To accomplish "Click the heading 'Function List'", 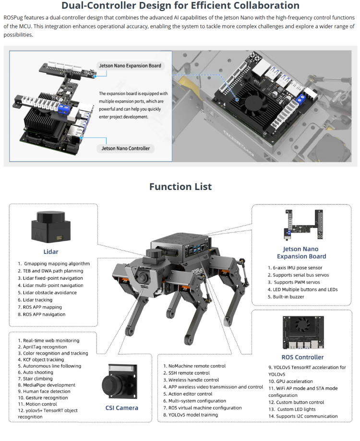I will pos(180,187).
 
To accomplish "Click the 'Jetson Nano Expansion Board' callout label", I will pos(130,65).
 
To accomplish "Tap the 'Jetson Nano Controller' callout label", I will pos(126,148).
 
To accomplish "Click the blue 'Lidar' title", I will pos(51,251).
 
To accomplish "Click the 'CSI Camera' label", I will pos(122,408).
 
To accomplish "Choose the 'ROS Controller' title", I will pos(302,357).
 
